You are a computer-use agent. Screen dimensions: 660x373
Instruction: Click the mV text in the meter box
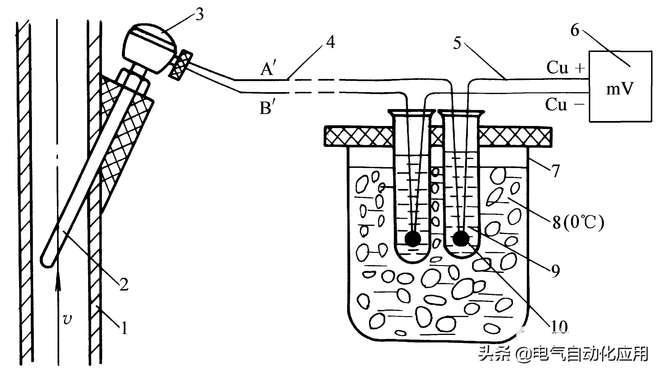tap(620, 89)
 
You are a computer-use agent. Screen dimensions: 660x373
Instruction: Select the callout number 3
tap(199, 14)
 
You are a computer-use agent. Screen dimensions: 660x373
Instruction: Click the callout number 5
tap(457, 43)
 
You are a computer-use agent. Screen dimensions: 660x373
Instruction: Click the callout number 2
tap(124, 284)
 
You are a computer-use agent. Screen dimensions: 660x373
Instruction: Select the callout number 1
tap(124, 328)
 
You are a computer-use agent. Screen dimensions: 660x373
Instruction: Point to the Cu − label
tap(565, 105)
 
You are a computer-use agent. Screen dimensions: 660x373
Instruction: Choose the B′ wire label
tap(266, 108)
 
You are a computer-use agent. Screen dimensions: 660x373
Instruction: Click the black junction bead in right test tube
tap(461, 238)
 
